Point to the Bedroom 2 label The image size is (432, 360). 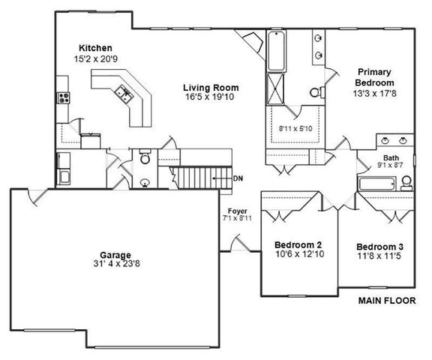[x=298, y=245]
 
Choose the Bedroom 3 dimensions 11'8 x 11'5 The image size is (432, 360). [x=379, y=256]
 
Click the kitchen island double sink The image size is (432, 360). [x=122, y=93]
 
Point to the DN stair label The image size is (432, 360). [x=238, y=178]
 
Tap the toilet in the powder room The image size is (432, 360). [x=145, y=158]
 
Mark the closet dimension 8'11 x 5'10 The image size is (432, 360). [x=296, y=128]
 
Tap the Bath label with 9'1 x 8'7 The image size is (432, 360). [x=388, y=162]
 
